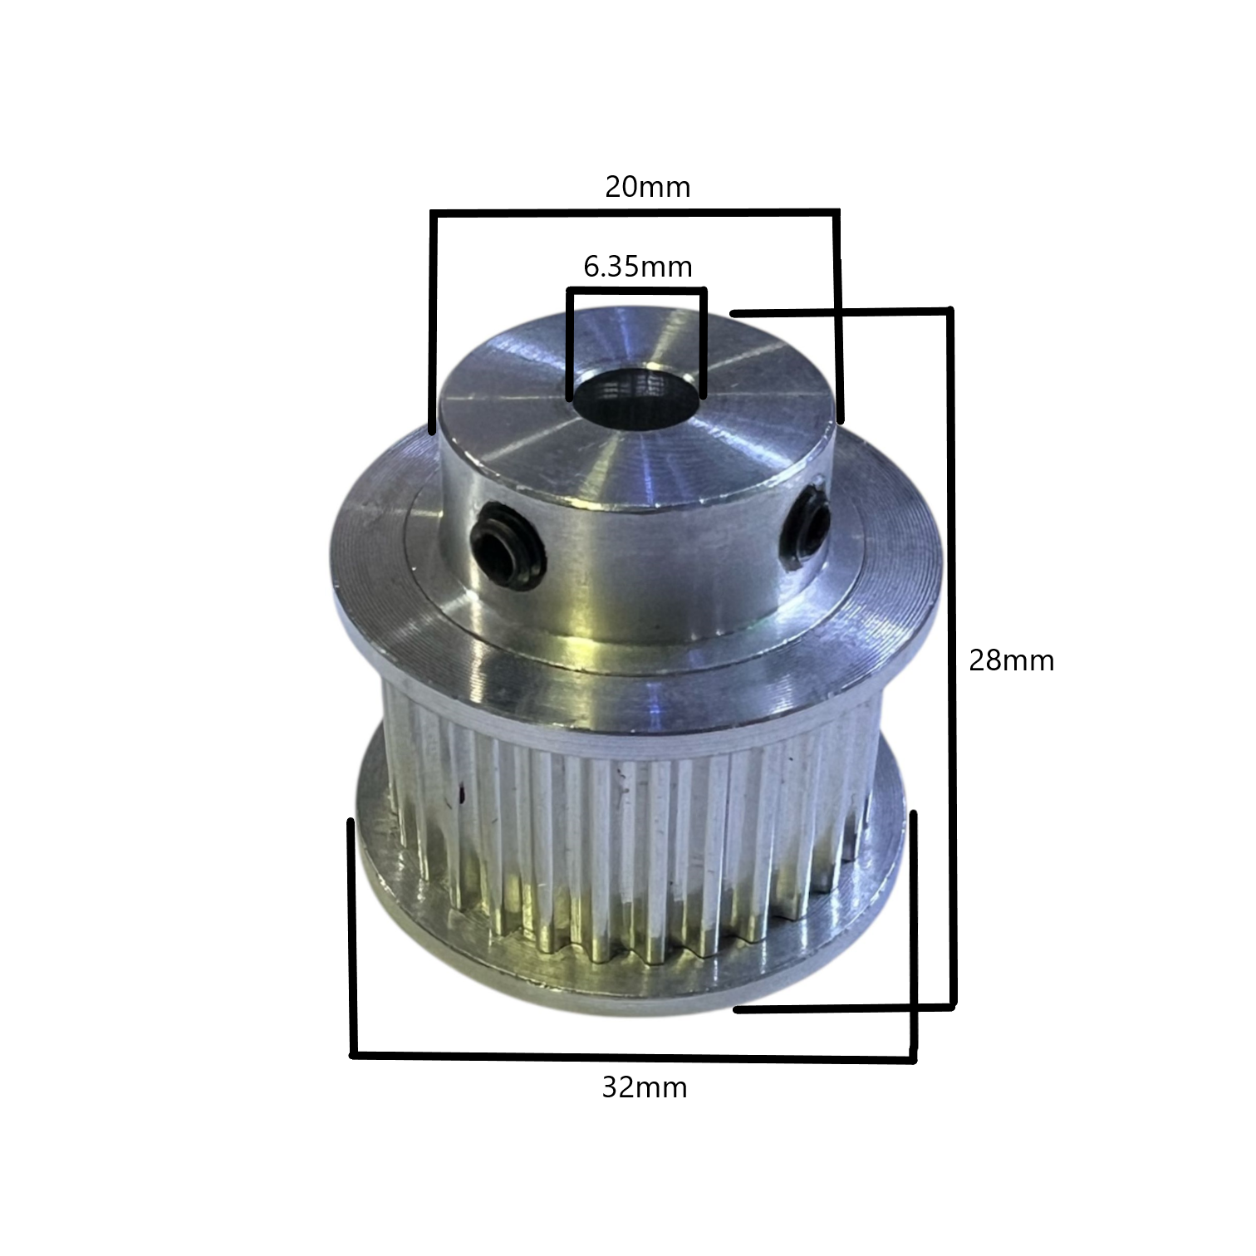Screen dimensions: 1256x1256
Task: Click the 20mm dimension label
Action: tap(647, 187)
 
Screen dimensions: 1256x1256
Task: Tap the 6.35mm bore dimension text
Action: tap(638, 267)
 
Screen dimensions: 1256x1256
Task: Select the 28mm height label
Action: tap(1011, 660)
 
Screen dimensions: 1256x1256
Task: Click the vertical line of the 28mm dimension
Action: tap(952, 658)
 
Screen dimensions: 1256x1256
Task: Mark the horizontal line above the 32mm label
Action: tap(633, 1057)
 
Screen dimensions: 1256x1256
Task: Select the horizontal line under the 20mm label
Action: tap(635, 213)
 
